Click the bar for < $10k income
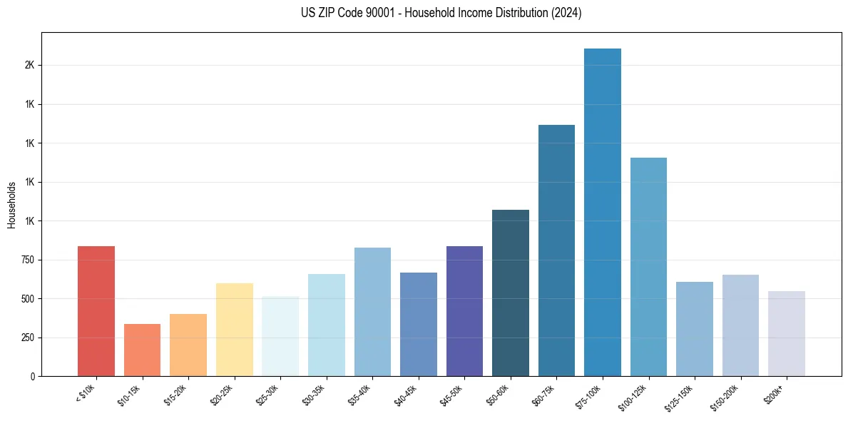click(x=96, y=311)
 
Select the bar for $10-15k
click(x=142, y=350)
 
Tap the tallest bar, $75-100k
click(x=603, y=212)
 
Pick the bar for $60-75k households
click(x=556, y=250)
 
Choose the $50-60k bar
click(x=511, y=293)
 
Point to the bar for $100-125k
click(x=648, y=267)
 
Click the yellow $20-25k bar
click(x=235, y=330)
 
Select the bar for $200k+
click(x=787, y=333)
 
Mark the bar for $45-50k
click(x=464, y=311)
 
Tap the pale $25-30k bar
click(x=280, y=336)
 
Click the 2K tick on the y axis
click(x=29, y=66)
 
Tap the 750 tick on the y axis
click(x=28, y=260)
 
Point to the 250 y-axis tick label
click(x=28, y=338)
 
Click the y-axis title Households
click(x=11, y=205)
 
